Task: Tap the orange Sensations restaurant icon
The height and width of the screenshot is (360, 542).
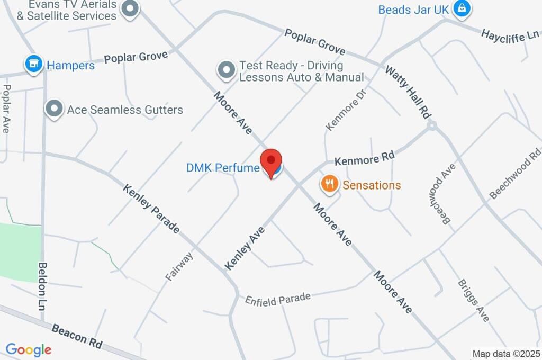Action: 329,184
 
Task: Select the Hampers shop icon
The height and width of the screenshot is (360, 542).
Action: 34,65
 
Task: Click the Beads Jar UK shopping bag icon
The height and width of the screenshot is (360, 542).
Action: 462,8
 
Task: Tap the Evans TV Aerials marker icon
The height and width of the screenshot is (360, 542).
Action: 130,8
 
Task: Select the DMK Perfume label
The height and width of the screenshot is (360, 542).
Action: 223,168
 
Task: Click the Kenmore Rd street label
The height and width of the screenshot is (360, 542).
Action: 365,158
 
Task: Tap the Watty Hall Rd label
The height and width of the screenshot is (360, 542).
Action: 408,92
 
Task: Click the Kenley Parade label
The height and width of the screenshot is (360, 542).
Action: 151,209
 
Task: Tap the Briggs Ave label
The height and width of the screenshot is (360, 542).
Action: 474,300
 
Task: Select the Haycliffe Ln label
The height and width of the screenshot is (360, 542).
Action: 510,36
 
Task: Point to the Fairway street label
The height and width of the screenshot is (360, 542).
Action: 179,266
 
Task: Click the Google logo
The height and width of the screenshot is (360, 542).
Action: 29,349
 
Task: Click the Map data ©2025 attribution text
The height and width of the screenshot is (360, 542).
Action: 505,354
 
